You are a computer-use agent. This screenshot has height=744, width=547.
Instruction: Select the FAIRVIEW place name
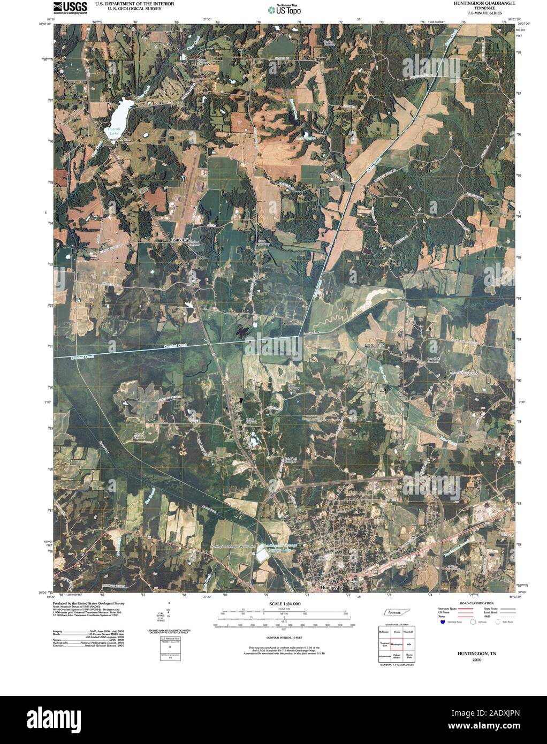point(180,241)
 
